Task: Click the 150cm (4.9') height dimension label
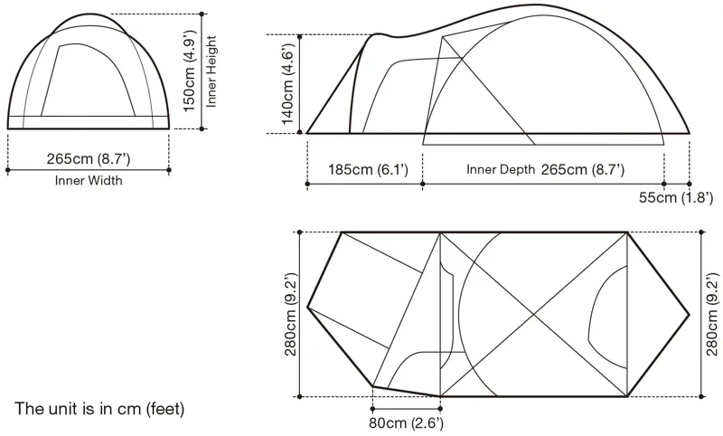[x=191, y=71]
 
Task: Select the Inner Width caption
[x=89, y=181]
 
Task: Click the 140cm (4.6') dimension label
[x=286, y=85]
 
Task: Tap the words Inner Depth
[x=500, y=170]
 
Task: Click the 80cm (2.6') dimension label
[x=406, y=422]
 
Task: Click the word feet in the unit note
[x=164, y=409]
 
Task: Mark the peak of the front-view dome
[x=89, y=14]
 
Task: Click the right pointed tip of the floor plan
[x=690, y=314]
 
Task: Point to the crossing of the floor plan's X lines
[x=533, y=314]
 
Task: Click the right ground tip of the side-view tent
[x=690, y=133]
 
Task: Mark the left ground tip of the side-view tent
[x=307, y=133]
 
